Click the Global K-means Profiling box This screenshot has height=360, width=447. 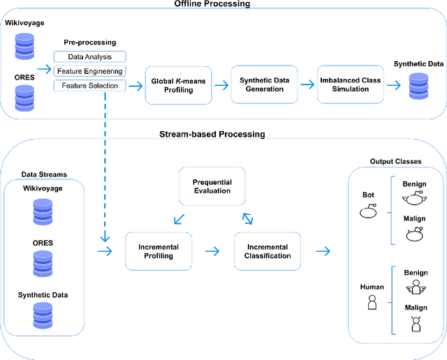pos(178,85)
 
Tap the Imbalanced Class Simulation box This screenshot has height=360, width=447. pos(350,85)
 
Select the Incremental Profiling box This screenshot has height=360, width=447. pos(159,251)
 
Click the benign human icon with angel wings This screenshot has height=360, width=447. pos(416,286)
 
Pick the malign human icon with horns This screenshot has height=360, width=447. pos(416,324)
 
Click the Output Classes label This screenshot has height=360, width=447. pos(395,162)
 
